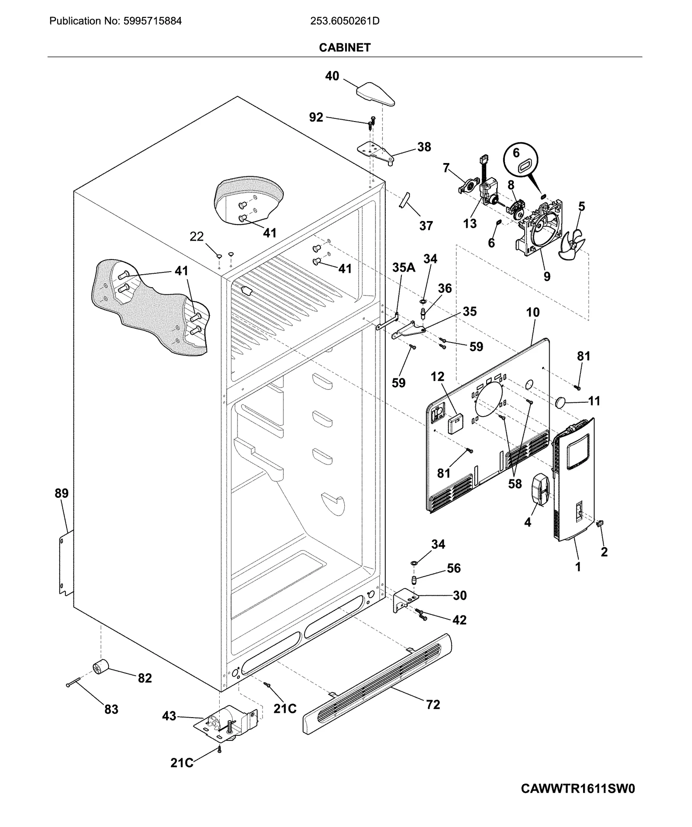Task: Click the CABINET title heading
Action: tap(345, 48)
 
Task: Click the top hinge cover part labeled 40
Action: tap(375, 93)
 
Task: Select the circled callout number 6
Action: tap(516, 153)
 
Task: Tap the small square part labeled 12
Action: tap(455, 423)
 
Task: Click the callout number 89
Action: tap(61, 493)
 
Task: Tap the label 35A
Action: tap(404, 268)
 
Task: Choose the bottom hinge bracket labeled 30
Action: tap(405, 600)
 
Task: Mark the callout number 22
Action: tap(197, 237)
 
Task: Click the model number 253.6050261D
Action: tap(345, 21)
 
